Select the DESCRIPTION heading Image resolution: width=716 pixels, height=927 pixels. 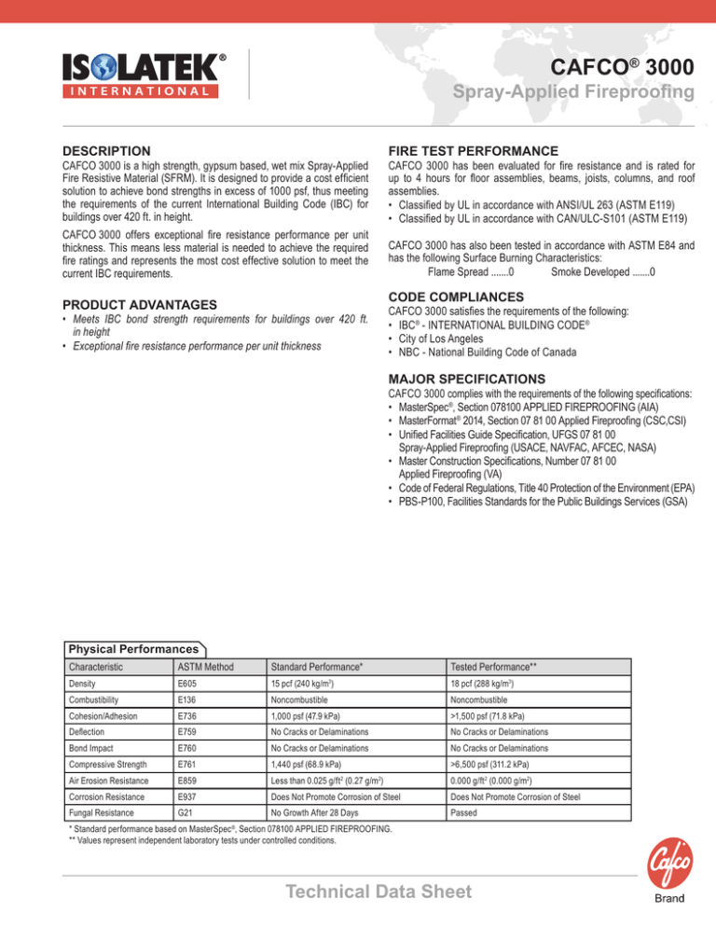pyautogui.click(x=105, y=150)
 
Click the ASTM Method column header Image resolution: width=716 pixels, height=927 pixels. pyautogui.click(x=205, y=667)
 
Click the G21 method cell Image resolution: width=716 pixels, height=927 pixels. pyautogui.click(x=186, y=837)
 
